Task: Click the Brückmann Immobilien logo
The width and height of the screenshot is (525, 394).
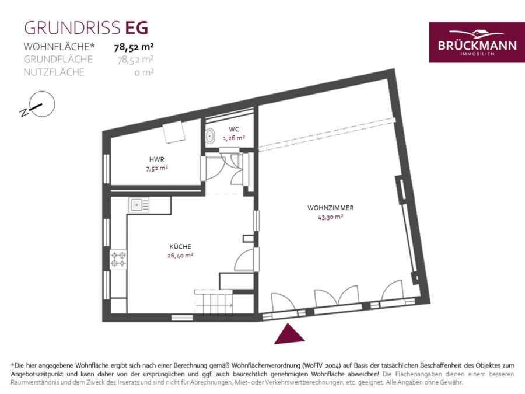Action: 477,43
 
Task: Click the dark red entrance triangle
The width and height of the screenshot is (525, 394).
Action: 289,334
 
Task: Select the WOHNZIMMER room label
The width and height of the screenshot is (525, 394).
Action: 331,208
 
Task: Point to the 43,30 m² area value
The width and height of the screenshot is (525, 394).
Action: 331,217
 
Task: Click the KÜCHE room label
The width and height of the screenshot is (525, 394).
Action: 180,246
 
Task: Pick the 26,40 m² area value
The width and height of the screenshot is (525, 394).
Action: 180,255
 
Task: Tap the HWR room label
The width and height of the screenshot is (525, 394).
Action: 157,159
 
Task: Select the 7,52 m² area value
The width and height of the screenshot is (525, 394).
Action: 157,168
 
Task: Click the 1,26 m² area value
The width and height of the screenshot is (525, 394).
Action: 234,138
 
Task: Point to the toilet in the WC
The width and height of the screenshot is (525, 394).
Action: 210,136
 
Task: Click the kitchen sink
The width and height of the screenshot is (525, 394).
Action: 139,205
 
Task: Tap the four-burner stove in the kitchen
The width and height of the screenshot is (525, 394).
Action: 118,259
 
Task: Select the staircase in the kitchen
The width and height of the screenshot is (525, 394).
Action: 214,302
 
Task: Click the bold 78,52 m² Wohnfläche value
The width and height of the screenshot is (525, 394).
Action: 134,47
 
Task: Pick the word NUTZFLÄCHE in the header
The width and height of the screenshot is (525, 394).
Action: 54,72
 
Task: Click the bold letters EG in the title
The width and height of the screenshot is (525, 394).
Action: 136,28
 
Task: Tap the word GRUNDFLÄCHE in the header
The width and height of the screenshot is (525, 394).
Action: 58,60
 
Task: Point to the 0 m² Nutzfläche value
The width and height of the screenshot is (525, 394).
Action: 144,72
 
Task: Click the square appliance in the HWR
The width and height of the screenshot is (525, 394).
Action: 173,132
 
